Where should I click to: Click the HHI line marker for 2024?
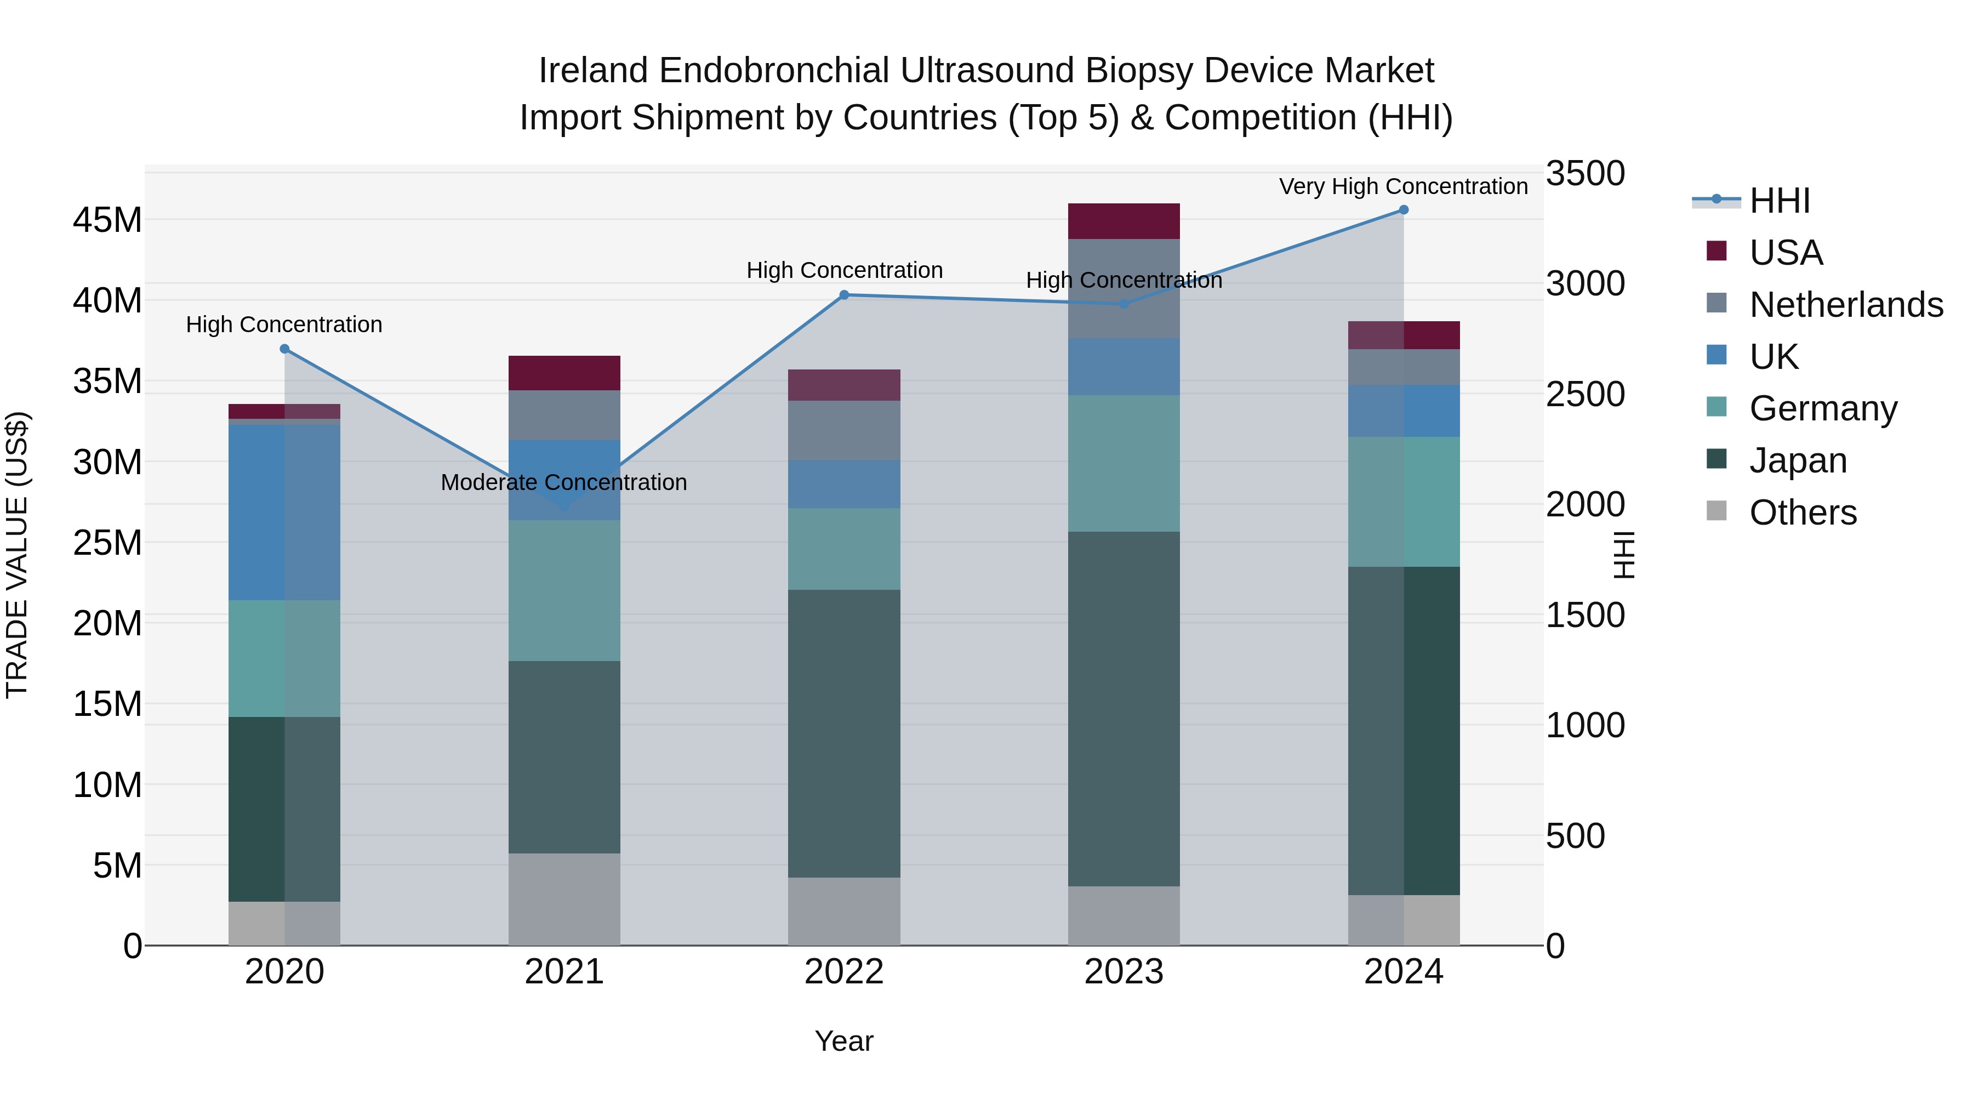pos(1403,210)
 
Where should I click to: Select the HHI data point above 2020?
pos(284,349)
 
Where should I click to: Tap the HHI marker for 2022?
pos(844,295)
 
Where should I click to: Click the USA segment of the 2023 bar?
pos(1124,221)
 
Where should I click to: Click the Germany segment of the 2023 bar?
pos(1124,463)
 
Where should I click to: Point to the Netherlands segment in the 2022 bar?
pos(844,430)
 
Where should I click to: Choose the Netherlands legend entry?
pos(1846,305)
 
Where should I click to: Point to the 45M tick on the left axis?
pos(107,220)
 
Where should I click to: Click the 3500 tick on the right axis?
pos(1584,174)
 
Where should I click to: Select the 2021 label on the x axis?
pos(564,972)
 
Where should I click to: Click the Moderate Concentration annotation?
pos(564,482)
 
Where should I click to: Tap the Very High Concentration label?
pos(1403,186)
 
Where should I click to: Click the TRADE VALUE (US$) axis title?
pos(17,555)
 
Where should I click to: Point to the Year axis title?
pos(844,1041)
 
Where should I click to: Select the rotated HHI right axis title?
pos(1623,555)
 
